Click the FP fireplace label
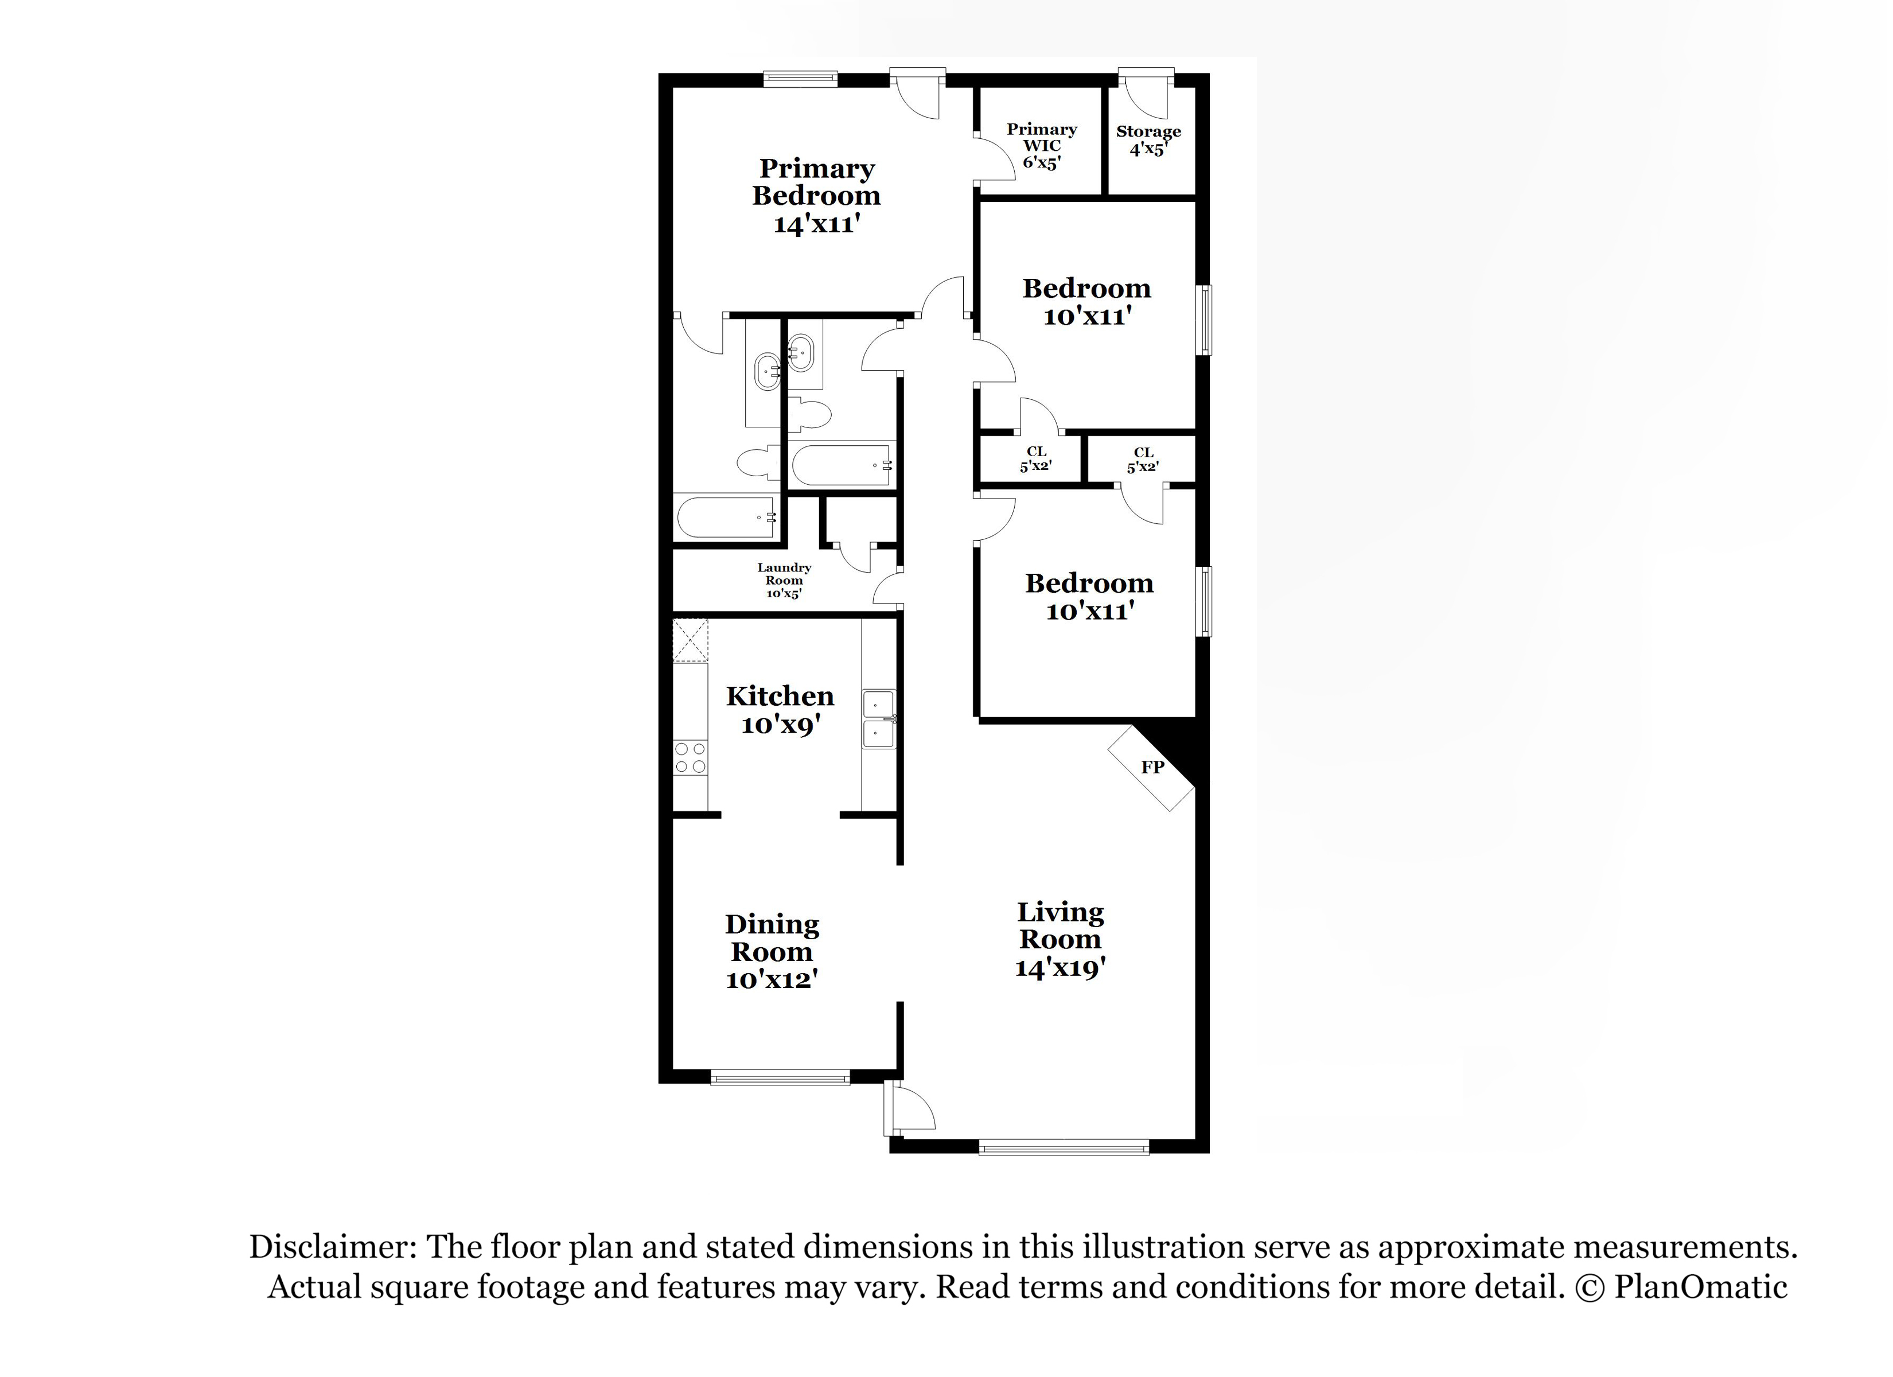[x=1152, y=767]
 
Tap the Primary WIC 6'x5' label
[x=1042, y=146]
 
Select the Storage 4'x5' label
[x=1148, y=141]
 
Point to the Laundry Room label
[x=784, y=574]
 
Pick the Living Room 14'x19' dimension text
[x=1060, y=967]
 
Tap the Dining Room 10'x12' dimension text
[x=771, y=979]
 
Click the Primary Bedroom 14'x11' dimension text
[x=816, y=224]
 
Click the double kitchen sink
[x=878, y=719]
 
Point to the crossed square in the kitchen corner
[x=690, y=640]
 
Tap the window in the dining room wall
[x=780, y=1078]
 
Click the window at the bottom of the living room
[x=1064, y=1148]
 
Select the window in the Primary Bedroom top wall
[x=800, y=79]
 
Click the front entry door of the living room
[x=909, y=1108]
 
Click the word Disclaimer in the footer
[x=332, y=1247]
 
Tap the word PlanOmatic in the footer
[x=1700, y=1287]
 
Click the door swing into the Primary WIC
[x=995, y=156]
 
